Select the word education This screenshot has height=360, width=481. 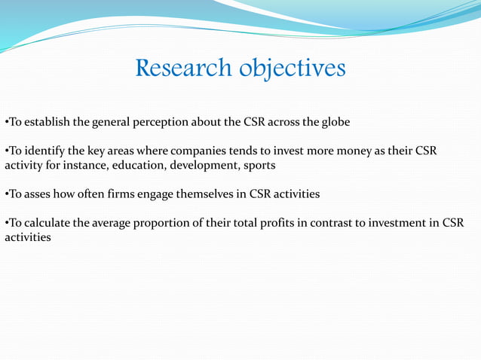(136, 165)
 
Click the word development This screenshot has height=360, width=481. (205, 165)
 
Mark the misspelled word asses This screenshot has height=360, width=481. (38, 194)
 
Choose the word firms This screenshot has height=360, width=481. (121, 194)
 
